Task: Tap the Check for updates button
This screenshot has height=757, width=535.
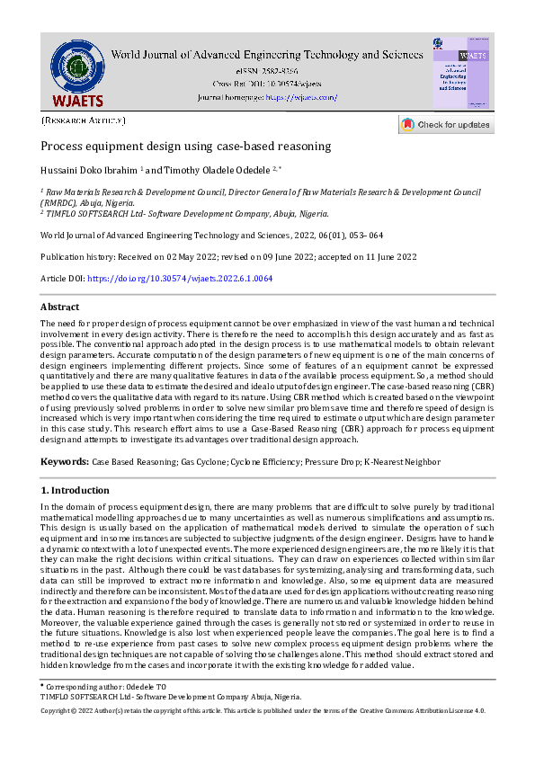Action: pyautogui.click(x=446, y=125)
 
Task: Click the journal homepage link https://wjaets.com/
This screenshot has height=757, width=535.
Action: pyautogui.click(x=301, y=97)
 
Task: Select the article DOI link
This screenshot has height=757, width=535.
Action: pyautogui.click(x=180, y=279)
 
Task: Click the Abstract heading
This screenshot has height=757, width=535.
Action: pyautogui.click(x=60, y=307)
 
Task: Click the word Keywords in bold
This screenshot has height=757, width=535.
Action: pyautogui.click(x=64, y=461)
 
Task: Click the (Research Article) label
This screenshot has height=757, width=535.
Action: pyautogui.click(x=84, y=120)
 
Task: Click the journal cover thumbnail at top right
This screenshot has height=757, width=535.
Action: pyautogui.click(x=461, y=73)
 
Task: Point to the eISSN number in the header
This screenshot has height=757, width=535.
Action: pyautogui.click(x=266, y=70)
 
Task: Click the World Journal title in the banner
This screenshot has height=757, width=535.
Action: pyautogui.click(x=266, y=54)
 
